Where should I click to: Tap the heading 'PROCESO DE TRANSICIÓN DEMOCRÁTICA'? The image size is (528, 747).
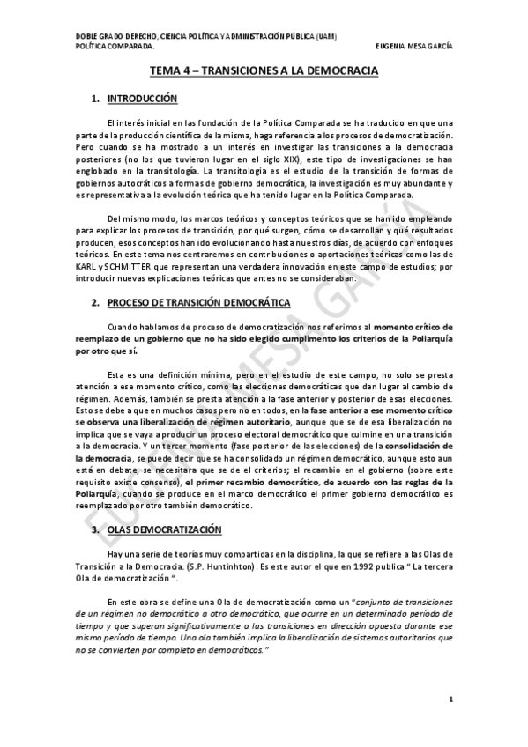coord(198,302)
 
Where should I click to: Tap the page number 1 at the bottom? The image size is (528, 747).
coord(450,700)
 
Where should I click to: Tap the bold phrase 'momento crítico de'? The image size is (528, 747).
coord(413,326)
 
